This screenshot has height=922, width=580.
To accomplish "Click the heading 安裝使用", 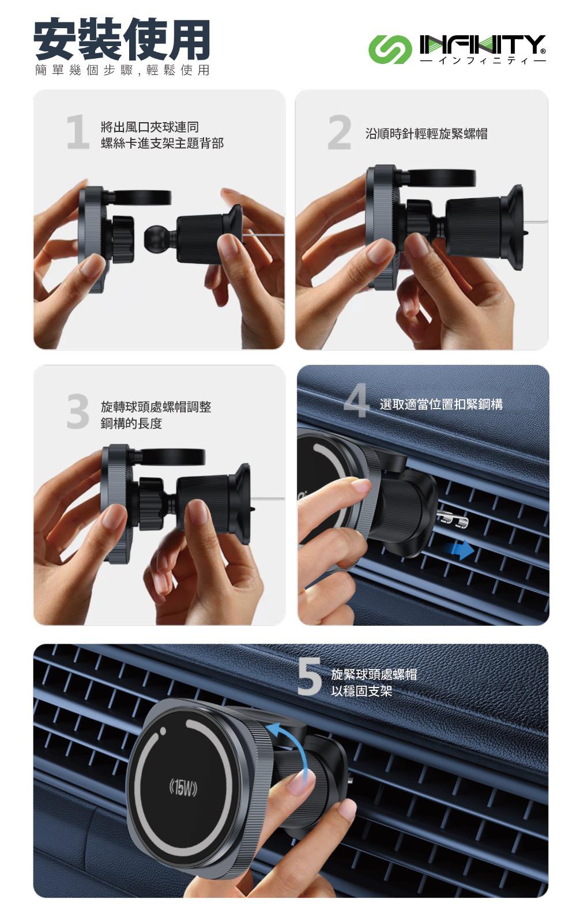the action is point(122,39).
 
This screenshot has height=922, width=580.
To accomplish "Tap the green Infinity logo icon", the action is point(389,50).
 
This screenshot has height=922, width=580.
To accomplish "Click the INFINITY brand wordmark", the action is point(483,44).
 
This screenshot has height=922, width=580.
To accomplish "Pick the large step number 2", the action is point(340,132).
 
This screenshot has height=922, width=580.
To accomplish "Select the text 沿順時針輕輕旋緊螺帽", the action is point(426,134).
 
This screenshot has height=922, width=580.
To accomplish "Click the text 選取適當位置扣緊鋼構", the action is point(441,405).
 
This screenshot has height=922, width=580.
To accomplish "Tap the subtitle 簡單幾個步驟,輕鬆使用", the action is point(122,70).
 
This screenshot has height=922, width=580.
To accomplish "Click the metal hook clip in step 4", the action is point(452,518).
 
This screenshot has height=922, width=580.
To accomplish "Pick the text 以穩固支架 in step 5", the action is point(361,691).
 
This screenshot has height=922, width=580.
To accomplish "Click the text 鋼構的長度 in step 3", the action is point(131,424).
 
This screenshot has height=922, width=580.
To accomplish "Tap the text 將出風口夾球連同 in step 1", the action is point(150,127).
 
